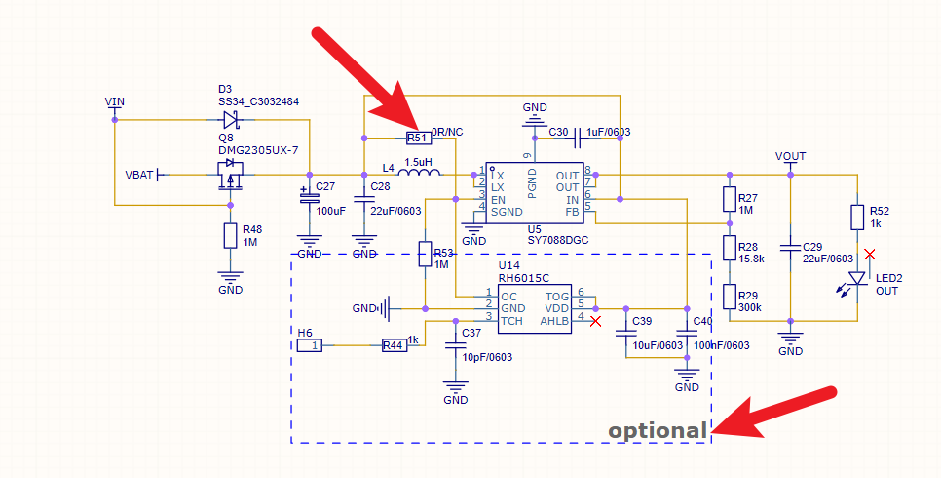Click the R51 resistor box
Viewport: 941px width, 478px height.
point(419,139)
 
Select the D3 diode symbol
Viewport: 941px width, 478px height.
point(232,120)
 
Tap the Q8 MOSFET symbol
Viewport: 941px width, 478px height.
point(231,175)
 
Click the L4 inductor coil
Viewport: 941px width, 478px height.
point(419,174)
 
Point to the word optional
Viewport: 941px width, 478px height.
point(658,431)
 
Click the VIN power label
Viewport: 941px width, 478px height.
point(115,101)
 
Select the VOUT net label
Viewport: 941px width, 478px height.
point(790,156)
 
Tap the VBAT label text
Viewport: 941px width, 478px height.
point(139,175)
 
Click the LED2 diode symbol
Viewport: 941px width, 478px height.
point(857,279)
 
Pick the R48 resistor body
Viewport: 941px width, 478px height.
point(231,236)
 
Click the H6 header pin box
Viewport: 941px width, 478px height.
point(310,345)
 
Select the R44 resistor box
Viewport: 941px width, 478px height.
point(395,345)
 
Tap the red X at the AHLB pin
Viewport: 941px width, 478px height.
point(595,322)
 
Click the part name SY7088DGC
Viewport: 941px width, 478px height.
point(558,240)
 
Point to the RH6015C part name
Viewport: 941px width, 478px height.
point(524,278)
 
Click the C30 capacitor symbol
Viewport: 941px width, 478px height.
point(578,139)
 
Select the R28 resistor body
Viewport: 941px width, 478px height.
point(730,248)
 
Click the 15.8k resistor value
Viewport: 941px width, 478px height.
point(751,259)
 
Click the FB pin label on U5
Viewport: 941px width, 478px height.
point(572,212)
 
